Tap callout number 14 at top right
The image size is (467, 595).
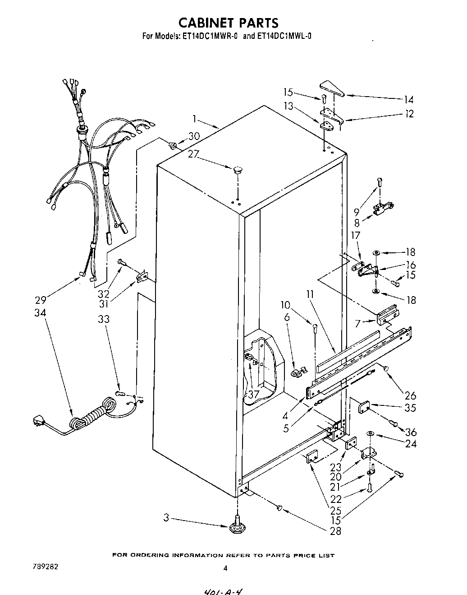click(408, 100)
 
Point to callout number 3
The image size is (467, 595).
click(166, 518)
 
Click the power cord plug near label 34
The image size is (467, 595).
click(39, 423)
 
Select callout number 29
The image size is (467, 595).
click(41, 300)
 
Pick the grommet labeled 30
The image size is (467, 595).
click(172, 145)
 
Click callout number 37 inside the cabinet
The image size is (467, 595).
click(253, 394)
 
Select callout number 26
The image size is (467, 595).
click(410, 396)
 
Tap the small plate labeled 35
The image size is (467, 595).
click(364, 408)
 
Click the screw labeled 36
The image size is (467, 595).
click(393, 423)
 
